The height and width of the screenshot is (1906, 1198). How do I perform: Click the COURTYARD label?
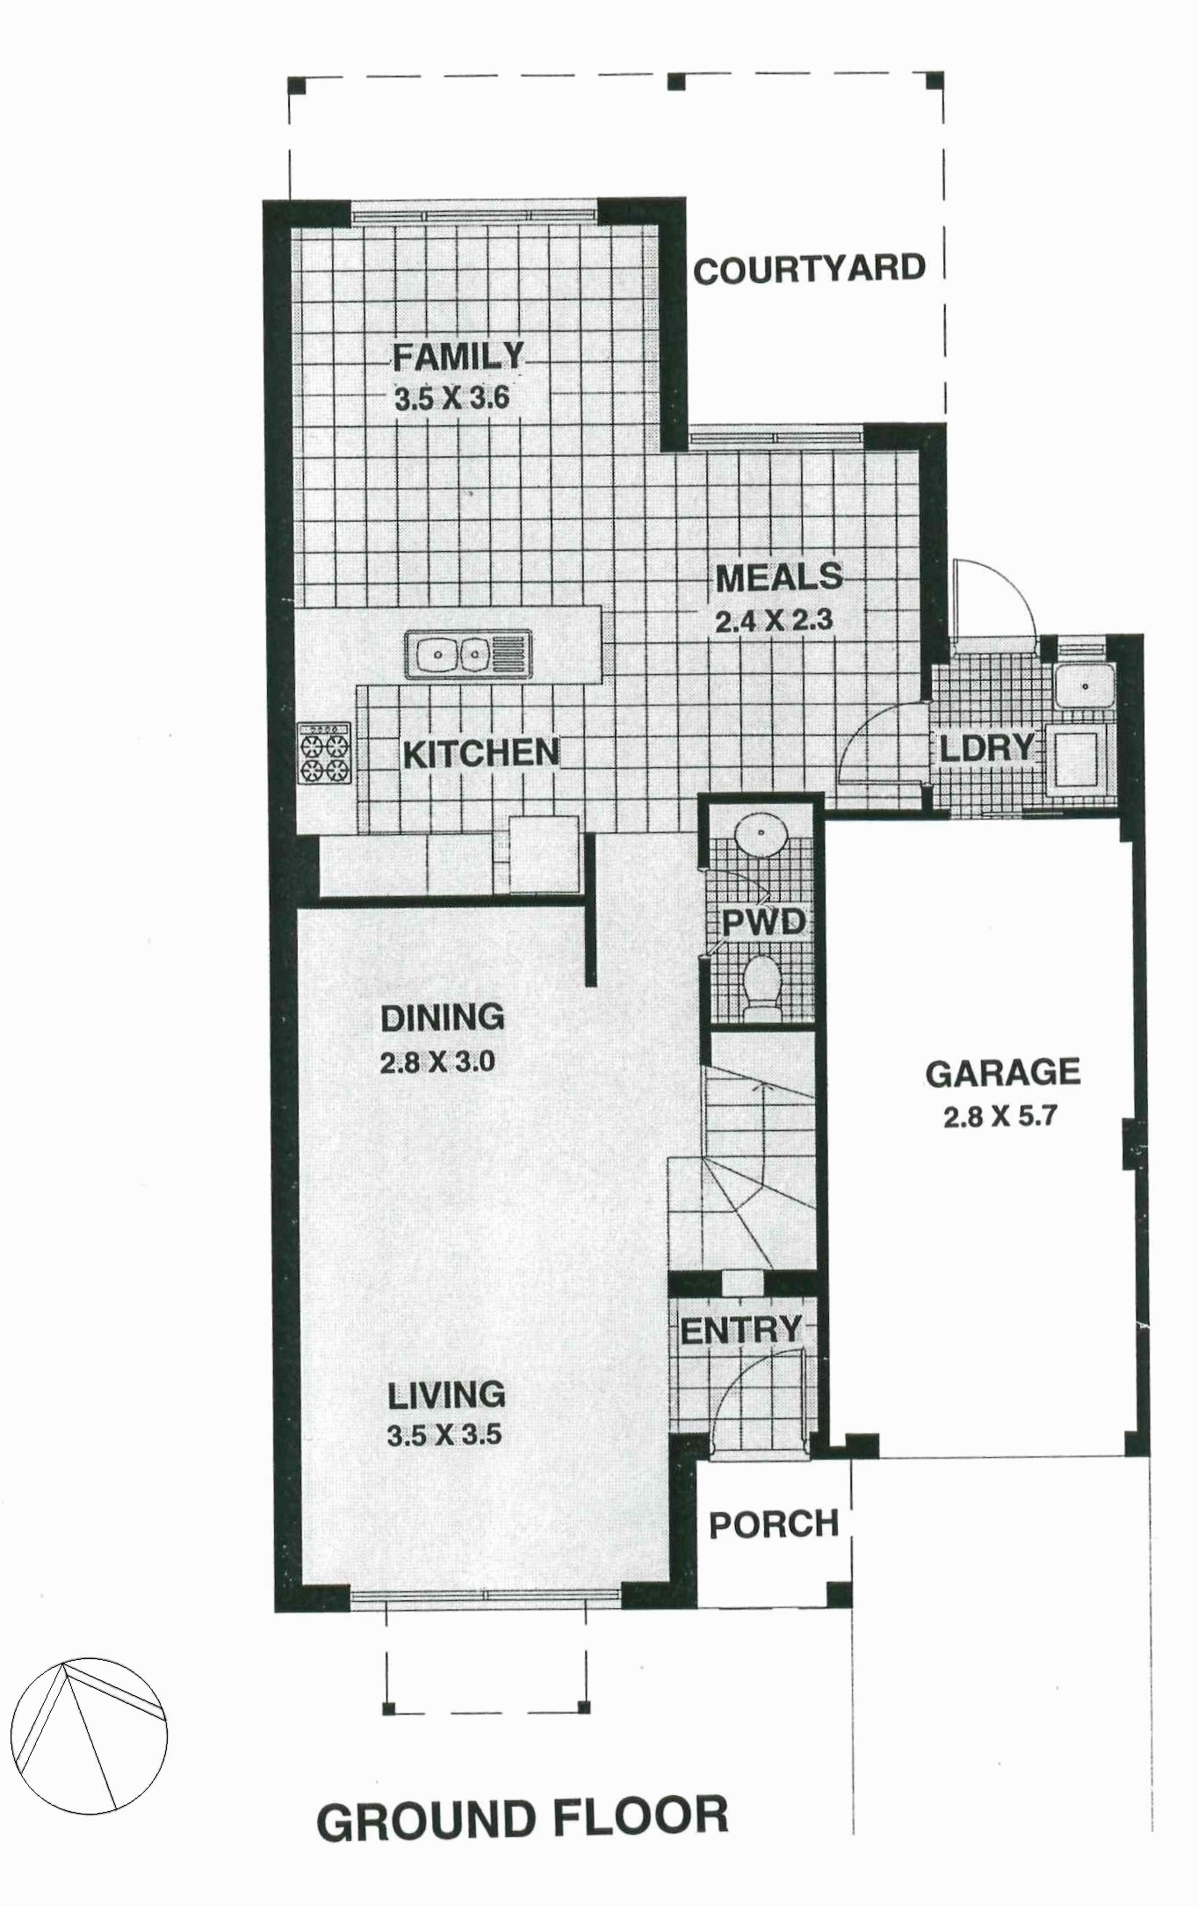pyautogui.click(x=809, y=269)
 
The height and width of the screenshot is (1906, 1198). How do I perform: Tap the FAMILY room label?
pyautogui.click(x=458, y=357)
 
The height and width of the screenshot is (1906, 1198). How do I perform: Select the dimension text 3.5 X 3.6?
pyautogui.click(x=451, y=399)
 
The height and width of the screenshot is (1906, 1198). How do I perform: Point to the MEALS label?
pyautogui.click(x=778, y=578)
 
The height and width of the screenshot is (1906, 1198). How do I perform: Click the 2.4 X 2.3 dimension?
pyautogui.click(x=773, y=621)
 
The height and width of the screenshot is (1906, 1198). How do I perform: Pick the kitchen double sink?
pyautogui.click(x=469, y=654)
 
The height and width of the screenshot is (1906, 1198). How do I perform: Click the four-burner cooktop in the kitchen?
pyautogui.click(x=324, y=754)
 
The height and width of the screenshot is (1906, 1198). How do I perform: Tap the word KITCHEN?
pyautogui.click(x=480, y=753)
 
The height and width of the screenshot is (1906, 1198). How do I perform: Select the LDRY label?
pyautogui.click(x=987, y=748)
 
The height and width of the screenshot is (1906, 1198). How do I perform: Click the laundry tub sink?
pyautogui.click(x=1085, y=685)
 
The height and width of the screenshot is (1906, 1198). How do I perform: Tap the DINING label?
pyautogui.click(x=442, y=1018)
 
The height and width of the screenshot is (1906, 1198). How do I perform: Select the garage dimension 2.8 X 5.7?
pyautogui.click(x=1000, y=1117)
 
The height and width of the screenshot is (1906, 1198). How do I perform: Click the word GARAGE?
pyautogui.click(x=1002, y=1073)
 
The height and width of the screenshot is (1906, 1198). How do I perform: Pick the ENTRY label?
pyautogui.click(x=740, y=1330)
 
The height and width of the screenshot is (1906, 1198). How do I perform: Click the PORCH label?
pyautogui.click(x=774, y=1525)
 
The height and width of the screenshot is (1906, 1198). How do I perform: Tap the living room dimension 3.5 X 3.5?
pyautogui.click(x=444, y=1435)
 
